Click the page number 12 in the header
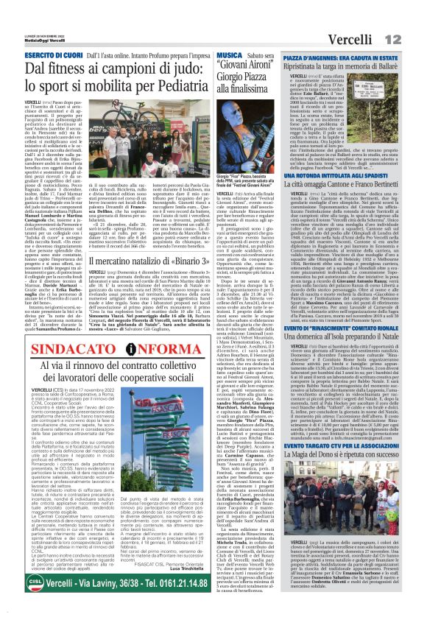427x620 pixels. pyautogui.click(x=414, y=16)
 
